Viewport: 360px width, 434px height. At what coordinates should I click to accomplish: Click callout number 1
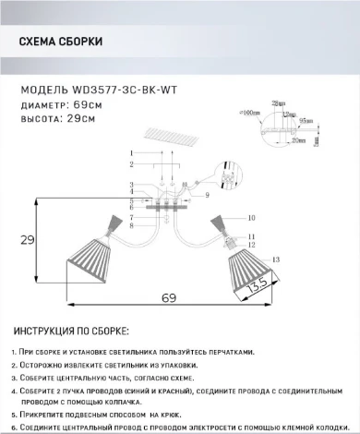[132, 151]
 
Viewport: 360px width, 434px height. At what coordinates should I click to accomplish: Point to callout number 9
[208, 197]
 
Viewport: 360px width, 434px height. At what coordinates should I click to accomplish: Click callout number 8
[132, 223]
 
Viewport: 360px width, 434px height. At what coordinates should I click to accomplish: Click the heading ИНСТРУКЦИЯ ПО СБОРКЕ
[74, 331]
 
